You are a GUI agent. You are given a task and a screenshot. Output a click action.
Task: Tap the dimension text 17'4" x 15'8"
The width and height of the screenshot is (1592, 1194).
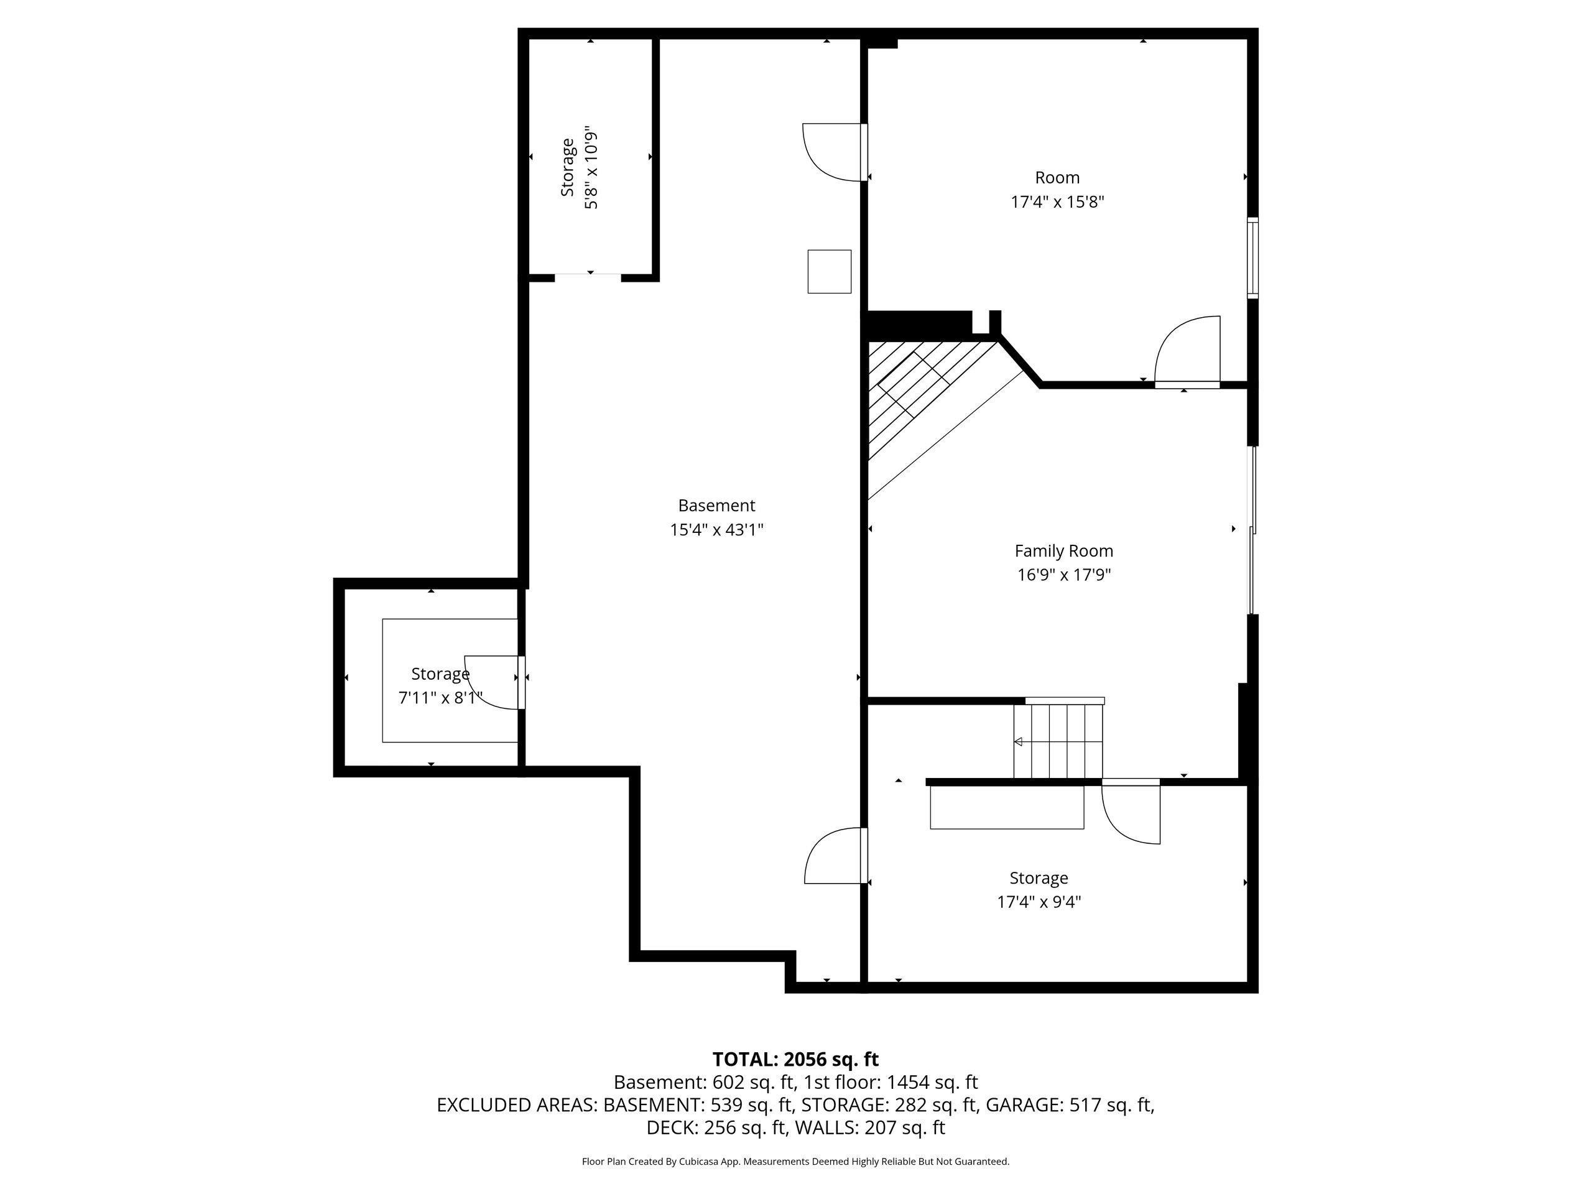1057,201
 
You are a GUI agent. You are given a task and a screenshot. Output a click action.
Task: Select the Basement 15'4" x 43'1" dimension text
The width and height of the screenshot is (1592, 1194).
716,530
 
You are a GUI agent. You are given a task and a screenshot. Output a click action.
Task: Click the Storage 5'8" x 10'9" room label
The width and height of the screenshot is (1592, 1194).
568,168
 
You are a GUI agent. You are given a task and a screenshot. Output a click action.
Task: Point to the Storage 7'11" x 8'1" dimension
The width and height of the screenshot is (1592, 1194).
440,697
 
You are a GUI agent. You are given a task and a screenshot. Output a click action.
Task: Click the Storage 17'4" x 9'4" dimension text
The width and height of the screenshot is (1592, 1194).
1039,902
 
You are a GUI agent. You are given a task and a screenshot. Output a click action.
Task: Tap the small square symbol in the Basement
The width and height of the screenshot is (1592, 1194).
829,271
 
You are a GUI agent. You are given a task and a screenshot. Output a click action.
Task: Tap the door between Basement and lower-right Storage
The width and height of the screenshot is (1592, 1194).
835,856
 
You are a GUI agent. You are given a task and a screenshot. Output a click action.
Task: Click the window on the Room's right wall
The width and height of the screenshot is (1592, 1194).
1253,257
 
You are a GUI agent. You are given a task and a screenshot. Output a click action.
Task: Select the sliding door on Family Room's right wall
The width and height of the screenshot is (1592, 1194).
1253,530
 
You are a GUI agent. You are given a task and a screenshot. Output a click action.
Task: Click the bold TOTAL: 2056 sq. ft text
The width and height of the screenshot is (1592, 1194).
795,1060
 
